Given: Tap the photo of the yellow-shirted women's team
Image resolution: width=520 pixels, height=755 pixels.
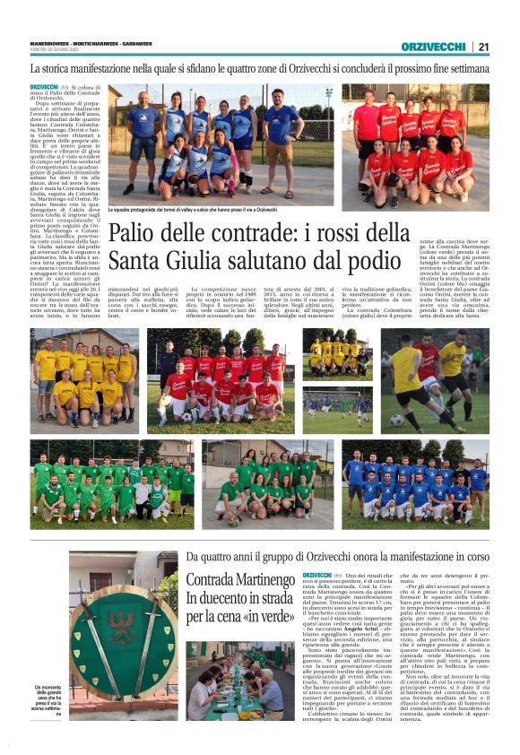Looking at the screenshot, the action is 84,381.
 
